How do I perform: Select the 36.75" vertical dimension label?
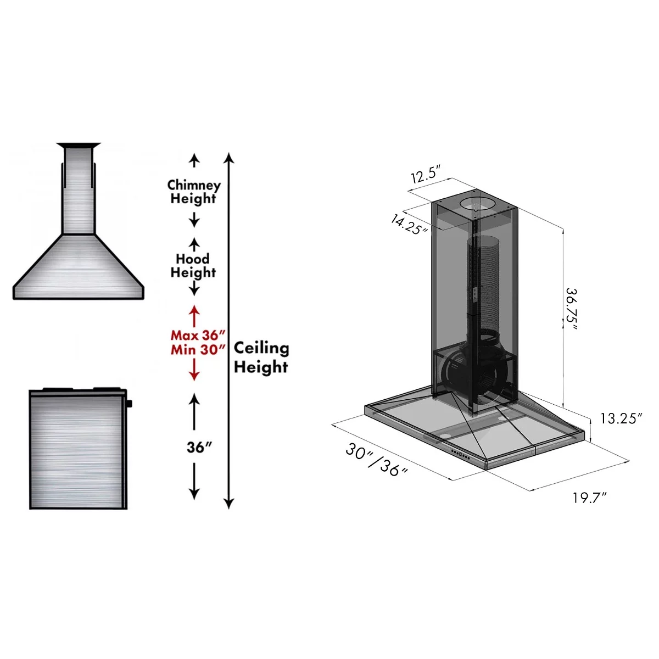[x=572, y=309]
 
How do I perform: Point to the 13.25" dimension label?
[x=621, y=418]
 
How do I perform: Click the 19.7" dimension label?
[x=589, y=498]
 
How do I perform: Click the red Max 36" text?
[x=198, y=335]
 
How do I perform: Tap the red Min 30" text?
[x=198, y=350]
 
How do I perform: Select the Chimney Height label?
[x=193, y=192]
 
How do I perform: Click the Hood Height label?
[x=193, y=265]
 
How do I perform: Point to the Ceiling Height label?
[x=261, y=357]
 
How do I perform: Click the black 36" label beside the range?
[x=199, y=447]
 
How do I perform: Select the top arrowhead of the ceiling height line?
[x=230, y=159]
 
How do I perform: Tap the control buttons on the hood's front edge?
[x=460, y=454]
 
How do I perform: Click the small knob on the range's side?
[x=129, y=404]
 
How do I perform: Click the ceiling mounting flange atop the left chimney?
[x=79, y=146]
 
